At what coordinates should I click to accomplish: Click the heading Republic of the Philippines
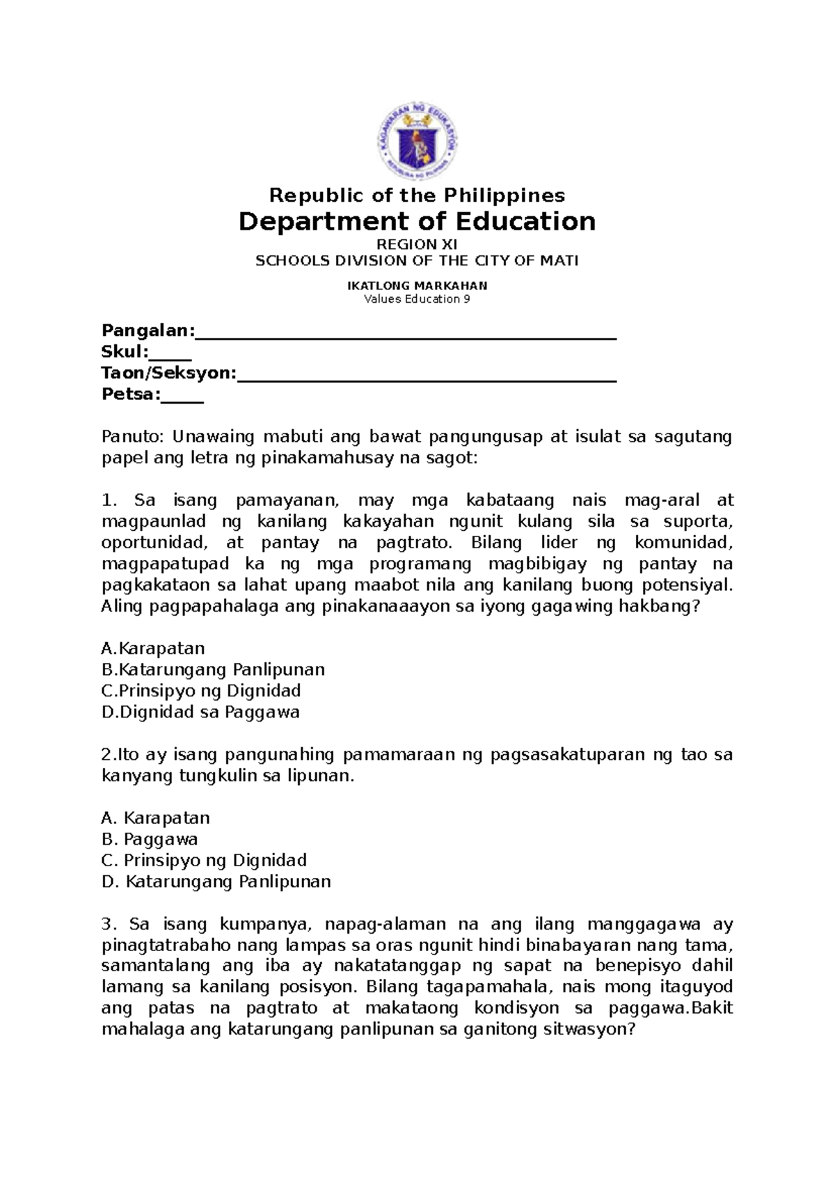coord(417,195)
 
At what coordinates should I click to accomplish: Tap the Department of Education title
coord(417,222)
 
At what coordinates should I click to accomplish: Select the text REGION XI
coord(417,244)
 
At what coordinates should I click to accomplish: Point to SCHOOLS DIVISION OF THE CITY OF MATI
coord(417,261)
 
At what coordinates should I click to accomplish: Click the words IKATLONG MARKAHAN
coord(417,285)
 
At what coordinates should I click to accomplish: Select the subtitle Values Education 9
coord(417,299)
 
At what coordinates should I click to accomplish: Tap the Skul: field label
coord(125,351)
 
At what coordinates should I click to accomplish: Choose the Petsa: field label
coord(131,394)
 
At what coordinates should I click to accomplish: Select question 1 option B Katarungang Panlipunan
coord(213,670)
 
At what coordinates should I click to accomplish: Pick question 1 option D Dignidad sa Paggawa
coord(200,712)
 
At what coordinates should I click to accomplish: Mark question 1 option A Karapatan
coord(153,648)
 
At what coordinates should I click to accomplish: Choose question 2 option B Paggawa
coord(150,839)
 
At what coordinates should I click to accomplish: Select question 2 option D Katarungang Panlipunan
coord(216,882)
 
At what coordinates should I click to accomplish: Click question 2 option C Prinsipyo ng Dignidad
coord(204,861)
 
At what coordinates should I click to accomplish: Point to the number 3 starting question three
coord(106,925)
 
